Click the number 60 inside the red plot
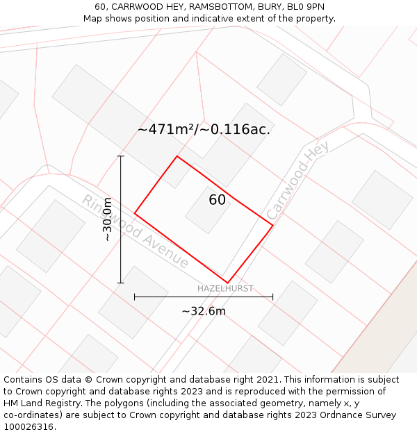pos(217,200)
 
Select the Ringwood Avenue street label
pos(136,231)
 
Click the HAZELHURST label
pos(225,288)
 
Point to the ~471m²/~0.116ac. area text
pos(204,129)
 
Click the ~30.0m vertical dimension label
pos(107,219)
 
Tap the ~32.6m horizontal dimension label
pos(204,311)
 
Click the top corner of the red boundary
pos(177,156)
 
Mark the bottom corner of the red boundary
pos(227,283)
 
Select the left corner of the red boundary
pos(135,213)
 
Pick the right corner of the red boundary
pos(272,225)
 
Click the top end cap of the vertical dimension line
pos(121,156)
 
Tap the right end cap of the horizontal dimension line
pos(272,297)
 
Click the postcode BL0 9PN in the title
pos(305,7)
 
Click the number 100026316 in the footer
pos(28,426)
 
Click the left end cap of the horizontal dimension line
pos(135,297)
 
